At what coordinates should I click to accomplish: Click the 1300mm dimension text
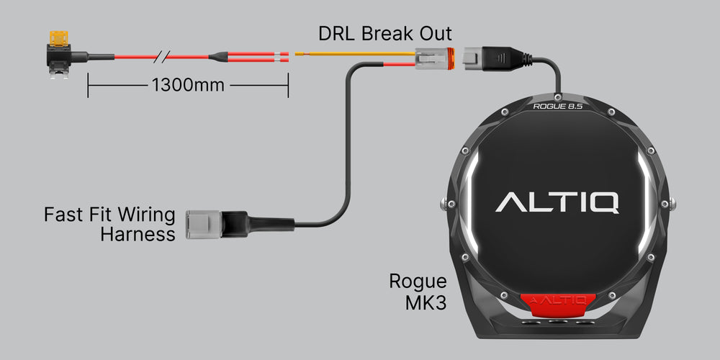(188, 85)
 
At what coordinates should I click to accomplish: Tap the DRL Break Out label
(385, 34)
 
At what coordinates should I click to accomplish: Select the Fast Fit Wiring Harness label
(109, 224)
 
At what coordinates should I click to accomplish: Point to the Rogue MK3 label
(418, 292)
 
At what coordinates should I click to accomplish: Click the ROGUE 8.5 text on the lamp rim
(557, 106)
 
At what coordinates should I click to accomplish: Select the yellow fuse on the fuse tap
(57, 36)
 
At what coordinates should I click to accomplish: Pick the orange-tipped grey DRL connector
(435, 56)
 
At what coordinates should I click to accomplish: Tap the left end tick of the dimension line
(88, 85)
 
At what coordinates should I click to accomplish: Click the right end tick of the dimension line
(288, 85)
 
